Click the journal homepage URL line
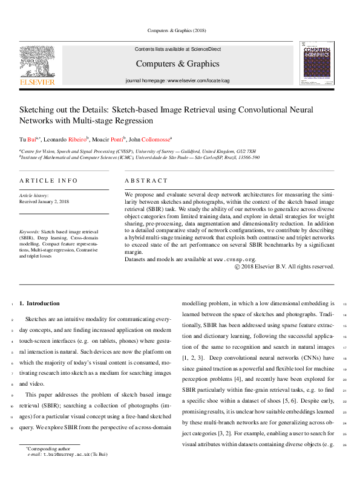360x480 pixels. click(x=177, y=80)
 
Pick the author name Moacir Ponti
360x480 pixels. click(x=110, y=139)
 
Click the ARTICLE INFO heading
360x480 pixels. click(x=48, y=181)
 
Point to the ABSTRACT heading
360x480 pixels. click(x=146, y=181)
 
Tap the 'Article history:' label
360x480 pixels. click(x=34, y=195)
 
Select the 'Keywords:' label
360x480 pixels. click(x=30, y=232)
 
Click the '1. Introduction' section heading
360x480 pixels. click(x=39, y=303)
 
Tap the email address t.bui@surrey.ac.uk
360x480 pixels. click(x=67, y=453)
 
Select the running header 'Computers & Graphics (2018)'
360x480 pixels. click(x=180, y=30)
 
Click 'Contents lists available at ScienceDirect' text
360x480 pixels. click(x=177, y=49)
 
